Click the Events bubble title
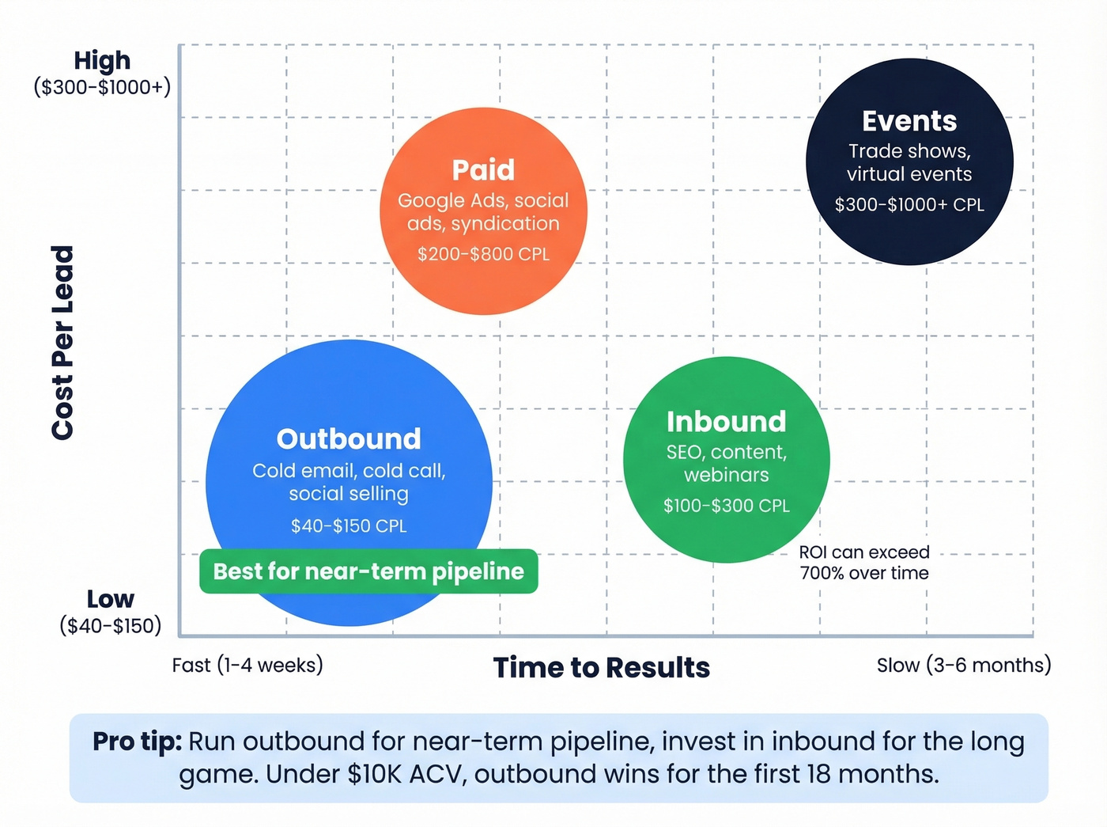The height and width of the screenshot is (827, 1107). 909,121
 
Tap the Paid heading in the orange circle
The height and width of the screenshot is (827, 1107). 483,170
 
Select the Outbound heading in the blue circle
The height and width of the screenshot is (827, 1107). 349,439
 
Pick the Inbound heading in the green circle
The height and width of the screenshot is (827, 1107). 726,422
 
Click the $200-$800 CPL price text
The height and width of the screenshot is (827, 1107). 483,254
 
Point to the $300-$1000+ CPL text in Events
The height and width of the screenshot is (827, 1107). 909,205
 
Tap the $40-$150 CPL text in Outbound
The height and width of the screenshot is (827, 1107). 349,525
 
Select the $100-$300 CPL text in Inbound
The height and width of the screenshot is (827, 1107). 726,506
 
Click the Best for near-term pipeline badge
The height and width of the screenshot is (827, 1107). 368,571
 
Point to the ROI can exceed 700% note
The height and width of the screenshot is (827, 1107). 864,563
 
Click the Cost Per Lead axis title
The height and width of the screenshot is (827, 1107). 62,343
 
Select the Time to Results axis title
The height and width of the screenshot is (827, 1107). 601,668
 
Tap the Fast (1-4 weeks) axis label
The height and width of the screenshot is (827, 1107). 247,665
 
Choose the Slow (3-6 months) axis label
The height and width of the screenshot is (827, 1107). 963,665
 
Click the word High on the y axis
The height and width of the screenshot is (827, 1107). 102,60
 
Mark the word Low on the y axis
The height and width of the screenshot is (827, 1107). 110,599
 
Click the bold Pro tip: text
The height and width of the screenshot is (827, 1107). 137,742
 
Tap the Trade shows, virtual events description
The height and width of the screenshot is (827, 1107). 909,162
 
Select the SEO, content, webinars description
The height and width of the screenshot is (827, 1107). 726,463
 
